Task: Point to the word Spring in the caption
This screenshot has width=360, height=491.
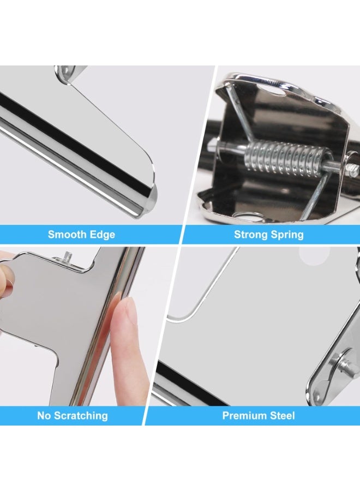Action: pos(287,235)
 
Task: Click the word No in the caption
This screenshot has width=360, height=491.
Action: pos(44,416)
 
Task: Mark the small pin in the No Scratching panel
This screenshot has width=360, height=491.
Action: pos(66,255)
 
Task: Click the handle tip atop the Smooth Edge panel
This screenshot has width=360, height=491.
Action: pos(68,72)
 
